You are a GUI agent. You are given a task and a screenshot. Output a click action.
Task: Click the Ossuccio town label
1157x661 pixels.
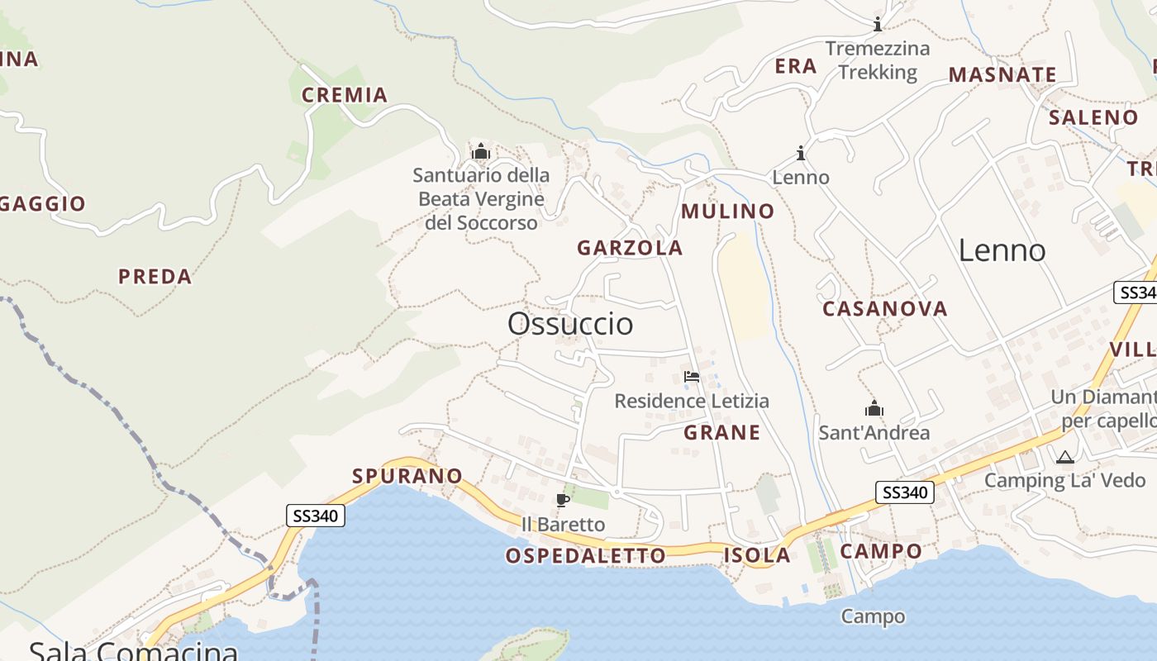570,323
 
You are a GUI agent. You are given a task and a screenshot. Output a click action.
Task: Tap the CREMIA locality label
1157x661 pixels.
345,95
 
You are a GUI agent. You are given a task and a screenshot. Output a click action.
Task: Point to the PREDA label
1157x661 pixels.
155,277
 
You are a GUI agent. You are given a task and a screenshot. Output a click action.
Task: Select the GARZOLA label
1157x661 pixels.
630,248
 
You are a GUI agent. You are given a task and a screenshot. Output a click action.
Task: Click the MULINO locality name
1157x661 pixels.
727,212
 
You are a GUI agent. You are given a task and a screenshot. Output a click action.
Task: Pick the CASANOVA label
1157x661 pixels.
884,309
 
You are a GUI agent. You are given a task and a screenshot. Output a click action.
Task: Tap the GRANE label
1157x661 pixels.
721,432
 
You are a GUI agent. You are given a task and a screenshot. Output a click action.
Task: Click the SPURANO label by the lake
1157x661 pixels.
407,476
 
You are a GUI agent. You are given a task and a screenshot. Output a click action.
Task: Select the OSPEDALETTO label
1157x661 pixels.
585,555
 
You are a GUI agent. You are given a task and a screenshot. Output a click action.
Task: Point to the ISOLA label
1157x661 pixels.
756,555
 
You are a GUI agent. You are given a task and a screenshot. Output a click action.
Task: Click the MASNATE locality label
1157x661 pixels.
1002,75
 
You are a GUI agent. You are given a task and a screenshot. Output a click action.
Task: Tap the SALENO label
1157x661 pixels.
1093,117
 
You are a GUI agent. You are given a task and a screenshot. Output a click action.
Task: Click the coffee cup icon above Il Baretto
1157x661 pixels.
563,500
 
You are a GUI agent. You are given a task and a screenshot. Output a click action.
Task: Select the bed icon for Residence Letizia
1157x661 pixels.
692,377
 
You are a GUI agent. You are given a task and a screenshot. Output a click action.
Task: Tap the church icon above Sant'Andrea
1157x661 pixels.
874,408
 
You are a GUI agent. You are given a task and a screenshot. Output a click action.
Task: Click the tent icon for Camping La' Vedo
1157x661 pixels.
1064,457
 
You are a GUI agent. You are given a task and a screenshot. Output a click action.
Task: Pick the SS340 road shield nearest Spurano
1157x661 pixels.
316,516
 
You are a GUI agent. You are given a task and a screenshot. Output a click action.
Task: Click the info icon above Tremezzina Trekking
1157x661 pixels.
878,24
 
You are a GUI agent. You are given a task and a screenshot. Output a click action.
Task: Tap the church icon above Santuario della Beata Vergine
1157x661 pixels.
480,151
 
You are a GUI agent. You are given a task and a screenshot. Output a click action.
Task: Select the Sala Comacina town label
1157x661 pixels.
134,650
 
